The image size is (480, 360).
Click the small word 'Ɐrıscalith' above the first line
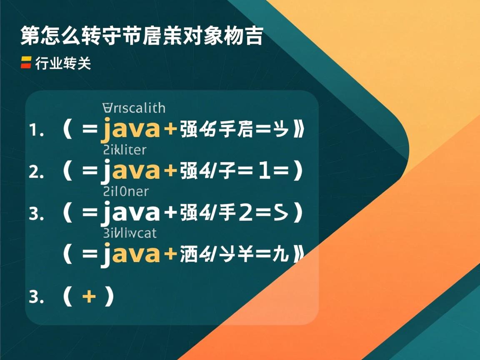click(x=133, y=108)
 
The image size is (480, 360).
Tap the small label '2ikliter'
click(x=124, y=149)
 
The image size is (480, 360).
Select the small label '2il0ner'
click(x=125, y=191)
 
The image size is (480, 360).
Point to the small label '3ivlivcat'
click(x=129, y=232)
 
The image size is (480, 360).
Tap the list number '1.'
click(x=36, y=131)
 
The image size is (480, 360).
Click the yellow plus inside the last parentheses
click(x=89, y=297)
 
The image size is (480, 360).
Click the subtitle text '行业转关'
click(x=63, y=64)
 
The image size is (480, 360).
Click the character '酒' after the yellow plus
click(x=188, y=255)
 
